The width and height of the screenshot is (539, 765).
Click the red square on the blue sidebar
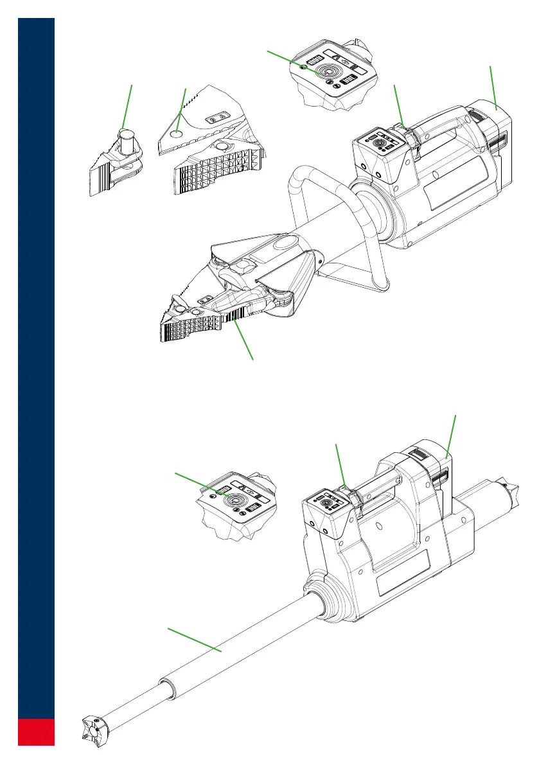[x=36, y=732]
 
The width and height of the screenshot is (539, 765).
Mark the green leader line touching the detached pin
[x=128, y=106]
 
